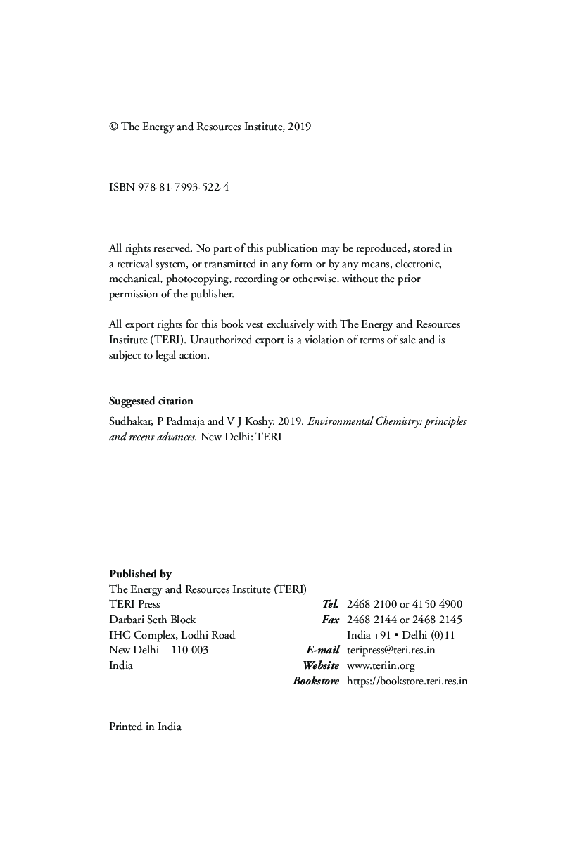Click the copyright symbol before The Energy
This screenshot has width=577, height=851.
tap(113, 127)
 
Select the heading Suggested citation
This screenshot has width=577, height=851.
tap(151, 401)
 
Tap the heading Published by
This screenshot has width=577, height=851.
tap(140, 574)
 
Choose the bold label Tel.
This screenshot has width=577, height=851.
tap(331, 604)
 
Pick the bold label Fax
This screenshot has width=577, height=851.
tap(330, 620)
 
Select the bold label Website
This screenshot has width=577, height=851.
tap(321, 665)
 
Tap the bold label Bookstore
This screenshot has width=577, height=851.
tap(316, 681)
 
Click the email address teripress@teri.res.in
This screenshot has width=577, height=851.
tap(391, 650)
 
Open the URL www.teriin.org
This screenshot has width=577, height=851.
tap(381, 665)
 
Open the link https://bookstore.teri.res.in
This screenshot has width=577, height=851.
tap(407, 681)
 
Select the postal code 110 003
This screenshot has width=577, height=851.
tap(189, 650)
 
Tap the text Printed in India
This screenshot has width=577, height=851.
tap(145, 727)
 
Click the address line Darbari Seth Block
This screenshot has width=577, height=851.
tap(153, 620)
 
